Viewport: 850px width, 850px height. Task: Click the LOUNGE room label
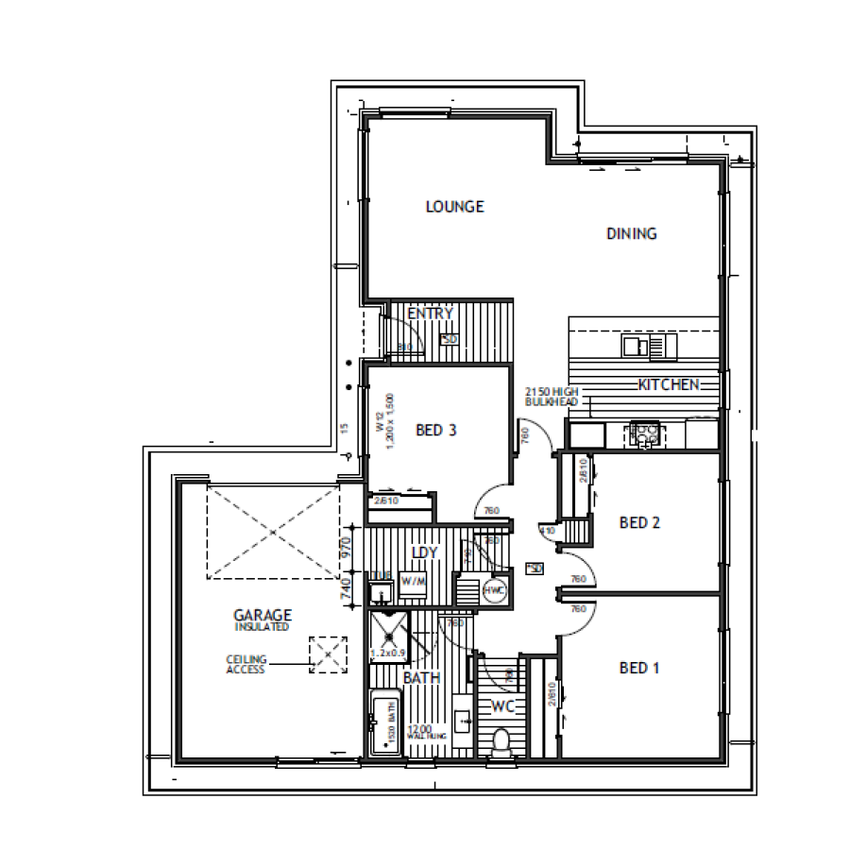pos(454,206)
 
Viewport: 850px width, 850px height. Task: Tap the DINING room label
pos(631,233)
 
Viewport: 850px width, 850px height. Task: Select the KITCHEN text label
pos(669,384)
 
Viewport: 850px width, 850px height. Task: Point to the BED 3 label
pos(436,431)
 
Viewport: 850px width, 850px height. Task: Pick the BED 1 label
pos(638,668)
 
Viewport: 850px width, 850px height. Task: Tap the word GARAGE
pos(262,613)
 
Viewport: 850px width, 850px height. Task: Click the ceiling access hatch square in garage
pos(327,654)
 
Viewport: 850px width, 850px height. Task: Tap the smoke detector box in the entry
pos(449,339)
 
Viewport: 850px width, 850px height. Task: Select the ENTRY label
pos(431,314)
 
